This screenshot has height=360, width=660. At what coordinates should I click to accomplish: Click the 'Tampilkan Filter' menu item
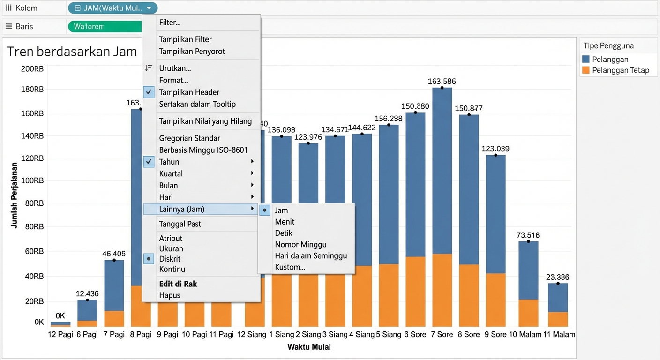(x=185, y=39)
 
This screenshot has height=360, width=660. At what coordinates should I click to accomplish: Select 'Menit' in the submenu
(x=285, y=222)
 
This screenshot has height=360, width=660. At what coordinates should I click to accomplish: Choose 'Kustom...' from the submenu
(x=290, y=267)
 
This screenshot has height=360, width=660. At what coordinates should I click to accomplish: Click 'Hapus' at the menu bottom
(x=170, y=295)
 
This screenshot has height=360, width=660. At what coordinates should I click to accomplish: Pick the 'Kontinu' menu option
(x=172, y=269)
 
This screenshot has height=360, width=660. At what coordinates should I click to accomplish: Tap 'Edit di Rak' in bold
(x=178, y=284)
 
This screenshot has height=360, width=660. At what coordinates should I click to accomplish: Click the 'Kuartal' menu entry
(x=171, y=173)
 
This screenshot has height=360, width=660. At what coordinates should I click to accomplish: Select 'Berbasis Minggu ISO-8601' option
(x=203, y=150)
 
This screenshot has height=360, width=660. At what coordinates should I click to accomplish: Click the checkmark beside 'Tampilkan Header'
(x=149, y=92)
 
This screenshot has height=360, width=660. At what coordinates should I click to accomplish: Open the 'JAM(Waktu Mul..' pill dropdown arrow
(x=149, y=8)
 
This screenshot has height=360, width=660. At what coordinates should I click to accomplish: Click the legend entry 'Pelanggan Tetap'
(x=621, y=70)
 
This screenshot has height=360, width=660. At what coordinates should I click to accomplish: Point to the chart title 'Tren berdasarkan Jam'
(x=72, y=51)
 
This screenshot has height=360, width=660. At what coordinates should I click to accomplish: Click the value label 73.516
(x=528, y=235)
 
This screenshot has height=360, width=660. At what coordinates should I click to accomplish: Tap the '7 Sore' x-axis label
(x=442, y=335)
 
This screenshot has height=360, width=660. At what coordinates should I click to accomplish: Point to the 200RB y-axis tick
(x=32, y=69)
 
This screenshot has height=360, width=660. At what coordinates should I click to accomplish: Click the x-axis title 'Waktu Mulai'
(x=309, y=347)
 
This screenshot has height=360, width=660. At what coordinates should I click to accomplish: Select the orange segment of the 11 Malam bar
(x=558, y=319)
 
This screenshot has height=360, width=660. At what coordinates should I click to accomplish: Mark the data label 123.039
(x=495, y=149)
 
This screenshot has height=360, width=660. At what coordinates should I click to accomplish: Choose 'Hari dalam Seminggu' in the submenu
(x=311, y=256)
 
